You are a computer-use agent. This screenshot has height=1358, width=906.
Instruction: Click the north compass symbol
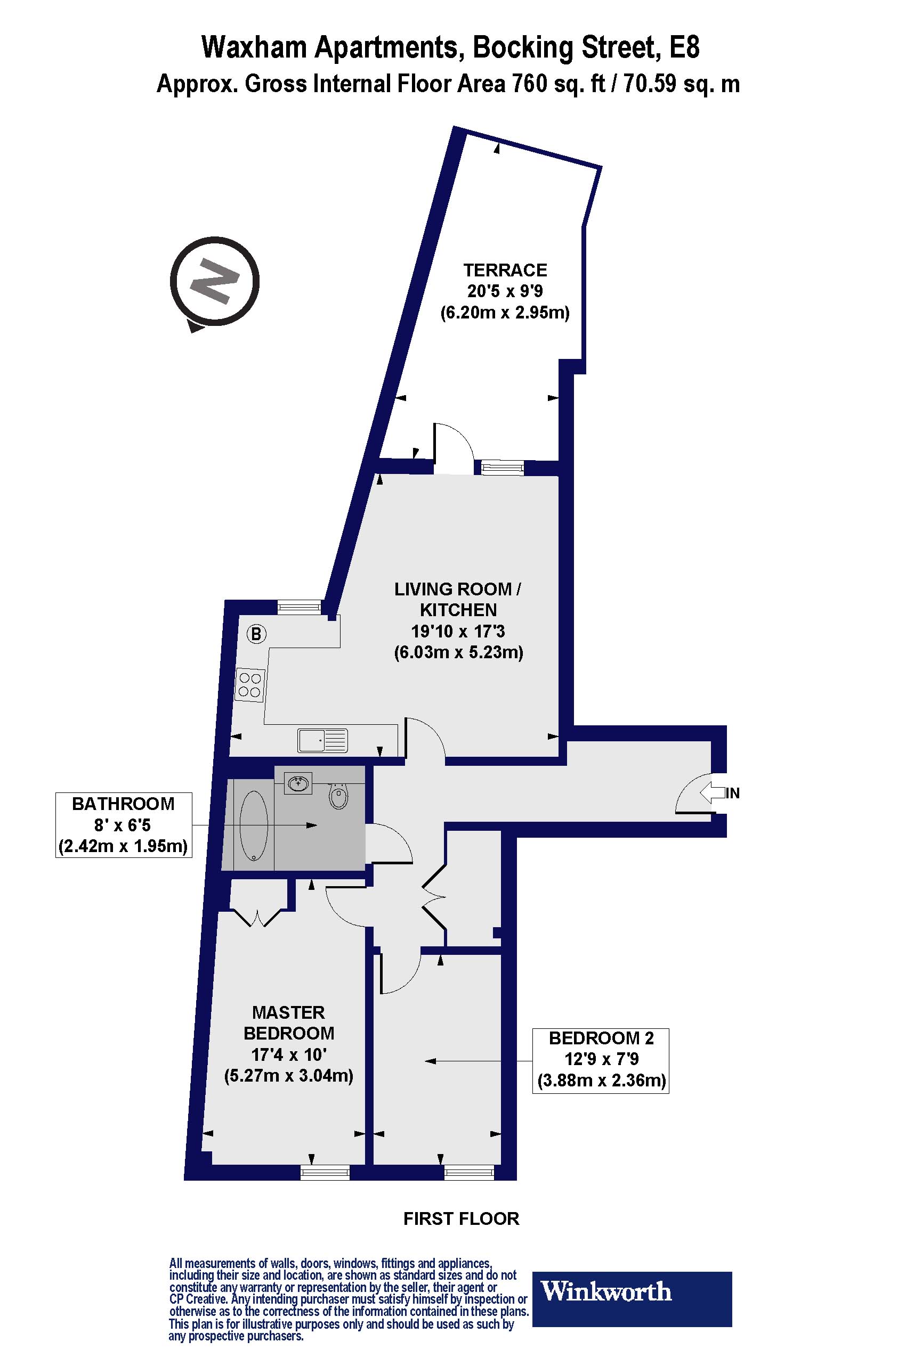click(214, 283)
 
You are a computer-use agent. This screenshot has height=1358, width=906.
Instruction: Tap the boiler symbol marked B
click(256, 634)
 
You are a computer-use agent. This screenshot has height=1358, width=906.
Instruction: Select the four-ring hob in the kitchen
click(249, 685)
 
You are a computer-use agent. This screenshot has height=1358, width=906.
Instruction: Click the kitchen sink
click(323, 740)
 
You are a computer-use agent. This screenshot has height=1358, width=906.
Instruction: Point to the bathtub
click(254, 825)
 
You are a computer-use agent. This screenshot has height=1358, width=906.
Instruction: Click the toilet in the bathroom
click(339, 796)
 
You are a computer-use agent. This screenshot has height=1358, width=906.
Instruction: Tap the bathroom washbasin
click(298, 783)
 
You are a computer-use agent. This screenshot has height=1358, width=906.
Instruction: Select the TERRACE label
click(505, 270)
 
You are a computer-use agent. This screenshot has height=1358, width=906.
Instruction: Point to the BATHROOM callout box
click(124, 824)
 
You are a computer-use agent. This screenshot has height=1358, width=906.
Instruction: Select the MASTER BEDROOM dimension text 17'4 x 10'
click(289, 1054)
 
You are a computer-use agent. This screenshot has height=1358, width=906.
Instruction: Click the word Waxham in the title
click(254, 47)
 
